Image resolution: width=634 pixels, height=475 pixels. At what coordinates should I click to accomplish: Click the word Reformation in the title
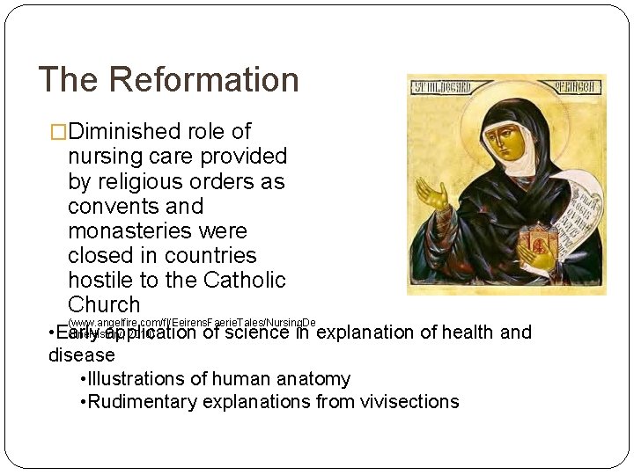pyautogui.click(x=204, y=79)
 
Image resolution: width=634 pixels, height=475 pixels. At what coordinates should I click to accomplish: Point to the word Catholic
pyautogui.click(x=244, y=280)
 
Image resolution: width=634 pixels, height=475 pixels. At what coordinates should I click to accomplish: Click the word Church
pyautogui.click(x=104, y=304)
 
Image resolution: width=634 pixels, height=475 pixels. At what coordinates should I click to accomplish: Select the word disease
pyautogui.click(x=81, y=355)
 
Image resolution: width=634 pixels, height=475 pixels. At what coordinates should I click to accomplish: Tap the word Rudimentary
pyautogui.click(x=141, y=402)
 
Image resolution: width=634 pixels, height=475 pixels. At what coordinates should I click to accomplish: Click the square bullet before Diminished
pyautogui.click(x=59, y=132)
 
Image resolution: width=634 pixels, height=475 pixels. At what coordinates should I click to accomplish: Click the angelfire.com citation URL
pyautogui.click(x=191, y=324)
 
